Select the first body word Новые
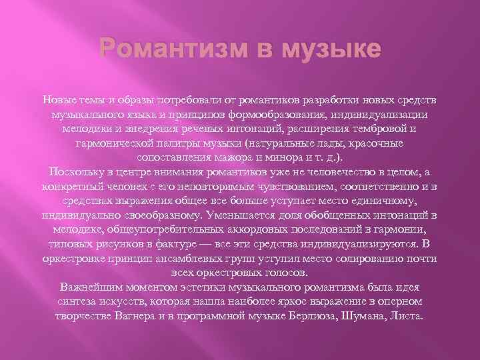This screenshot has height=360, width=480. coord(59,100)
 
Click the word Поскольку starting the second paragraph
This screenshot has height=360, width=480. coord(71,173)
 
